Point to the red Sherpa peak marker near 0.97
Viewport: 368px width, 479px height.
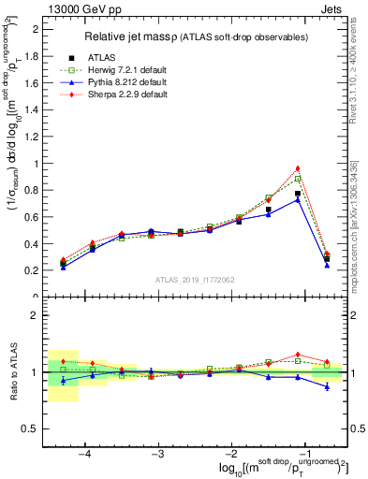pos(298,168)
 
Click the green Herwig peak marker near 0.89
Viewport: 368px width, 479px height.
pos(298,178)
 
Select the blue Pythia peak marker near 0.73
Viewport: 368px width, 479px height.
pos(298,199)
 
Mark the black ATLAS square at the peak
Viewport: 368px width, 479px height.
pos(298,194)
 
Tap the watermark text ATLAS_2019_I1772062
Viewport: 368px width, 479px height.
pos(194,280)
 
